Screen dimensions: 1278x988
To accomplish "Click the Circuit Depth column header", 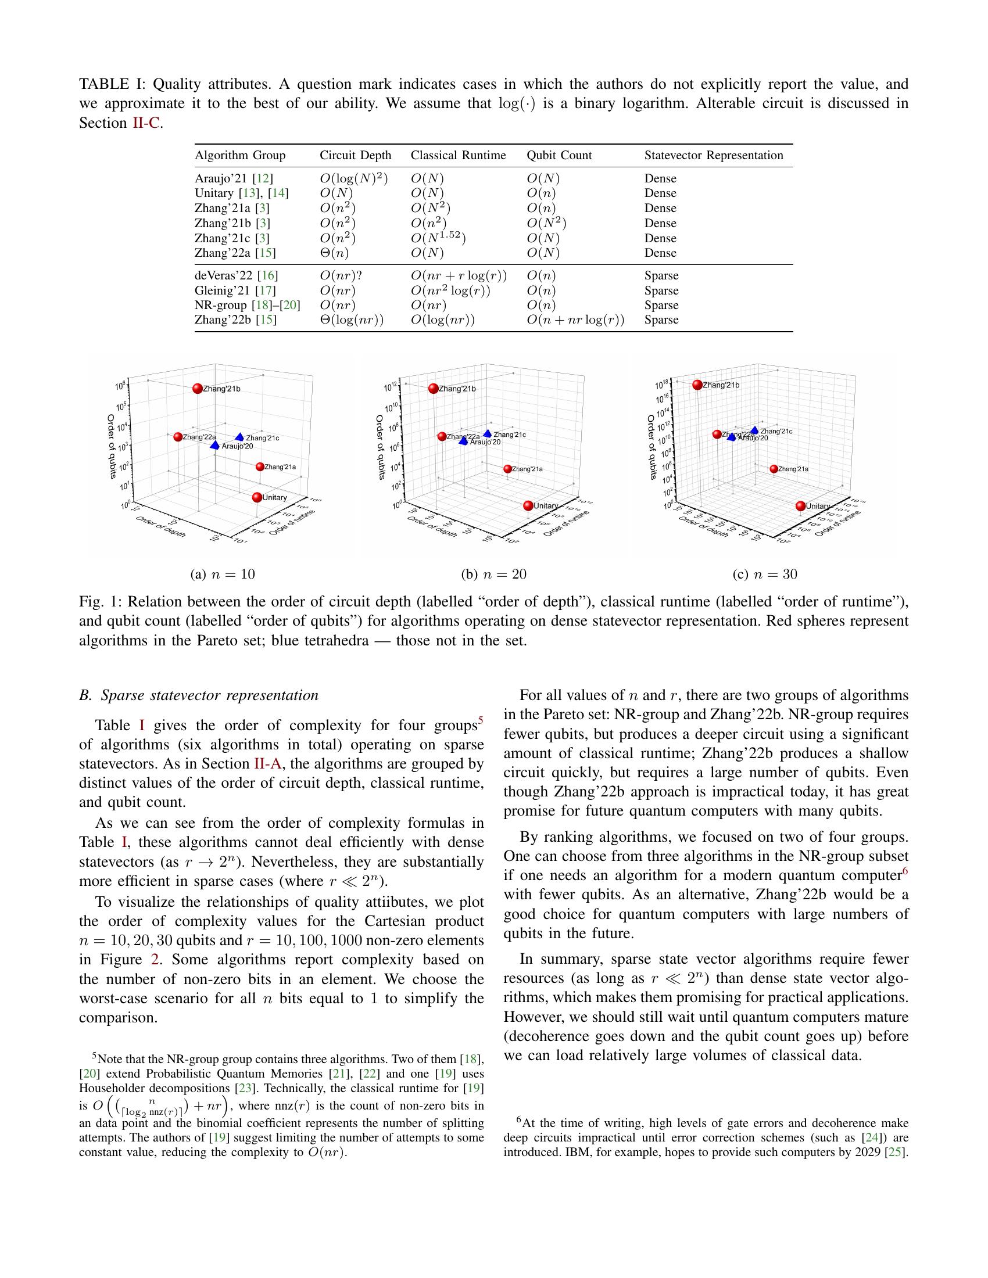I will click(x=355, y=155).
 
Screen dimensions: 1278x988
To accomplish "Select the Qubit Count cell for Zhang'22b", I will click(x=575, y=320).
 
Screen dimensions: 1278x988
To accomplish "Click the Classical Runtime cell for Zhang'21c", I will click(x=438, y=238).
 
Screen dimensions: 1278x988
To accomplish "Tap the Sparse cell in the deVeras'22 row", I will click(x=661, y=275).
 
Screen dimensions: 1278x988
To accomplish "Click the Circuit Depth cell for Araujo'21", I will click(x=353, y=178).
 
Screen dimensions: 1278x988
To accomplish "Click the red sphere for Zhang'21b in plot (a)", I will click(x=197, y=389).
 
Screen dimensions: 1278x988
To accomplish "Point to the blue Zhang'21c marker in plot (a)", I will click(x=239, y=437).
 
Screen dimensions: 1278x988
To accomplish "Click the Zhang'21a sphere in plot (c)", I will click(x=774, y=469).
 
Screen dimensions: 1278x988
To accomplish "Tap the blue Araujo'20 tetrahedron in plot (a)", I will click(x=215, y=446).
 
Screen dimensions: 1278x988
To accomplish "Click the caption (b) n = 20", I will click(x=493, y=574).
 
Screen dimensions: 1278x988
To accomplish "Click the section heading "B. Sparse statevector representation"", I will click(x=198, y=695).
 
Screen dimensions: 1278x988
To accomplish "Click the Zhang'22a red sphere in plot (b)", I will click(x=442, y=436).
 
